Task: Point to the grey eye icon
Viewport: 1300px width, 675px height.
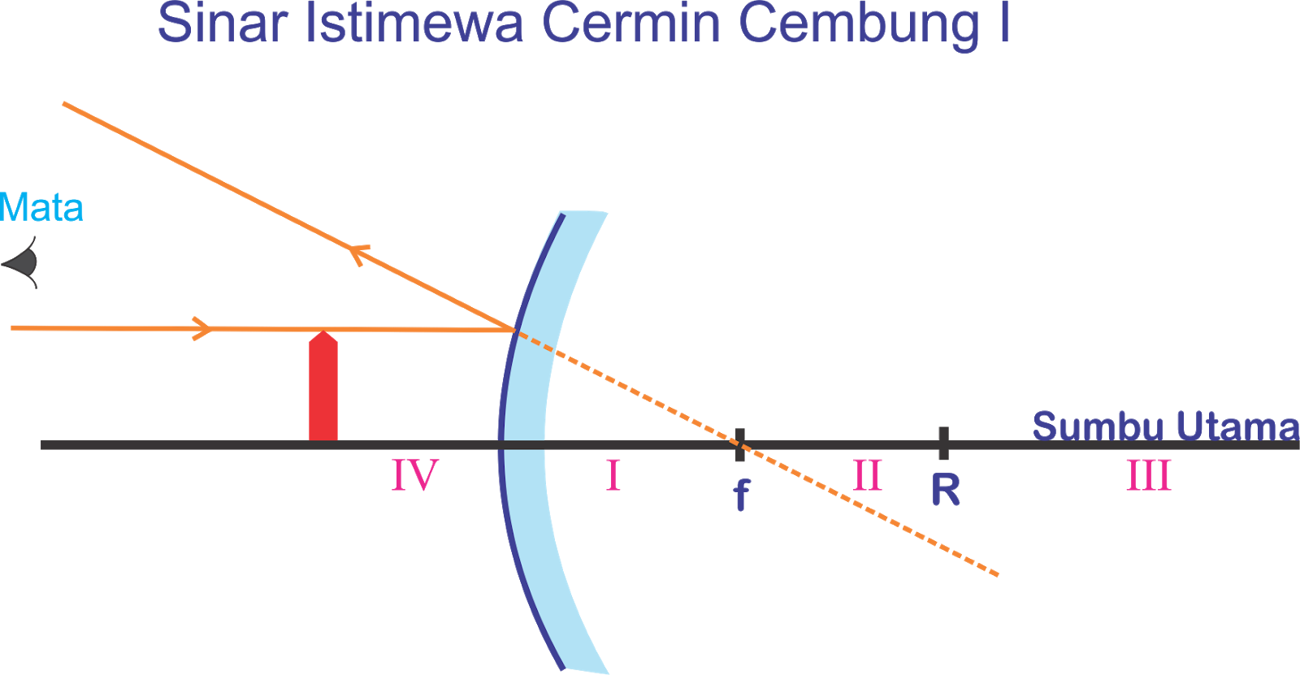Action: (22, 262)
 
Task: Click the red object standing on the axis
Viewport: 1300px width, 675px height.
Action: (323, 390)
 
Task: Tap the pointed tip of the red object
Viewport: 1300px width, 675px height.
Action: (323, 333)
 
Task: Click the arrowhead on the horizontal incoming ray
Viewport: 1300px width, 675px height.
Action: (201, 328)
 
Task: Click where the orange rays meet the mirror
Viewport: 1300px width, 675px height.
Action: (514, 330)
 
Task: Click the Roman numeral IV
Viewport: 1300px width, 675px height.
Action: (414, 475)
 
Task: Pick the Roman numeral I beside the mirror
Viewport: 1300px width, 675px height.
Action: (613, 475)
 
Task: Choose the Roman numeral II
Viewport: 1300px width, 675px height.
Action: (867, 475)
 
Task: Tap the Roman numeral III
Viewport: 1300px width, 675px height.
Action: (1148, 475)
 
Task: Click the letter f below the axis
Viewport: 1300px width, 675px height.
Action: (740, 494)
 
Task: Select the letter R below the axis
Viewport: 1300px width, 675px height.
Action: (945, 490)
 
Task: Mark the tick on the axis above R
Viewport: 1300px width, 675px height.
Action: (942, 444)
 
